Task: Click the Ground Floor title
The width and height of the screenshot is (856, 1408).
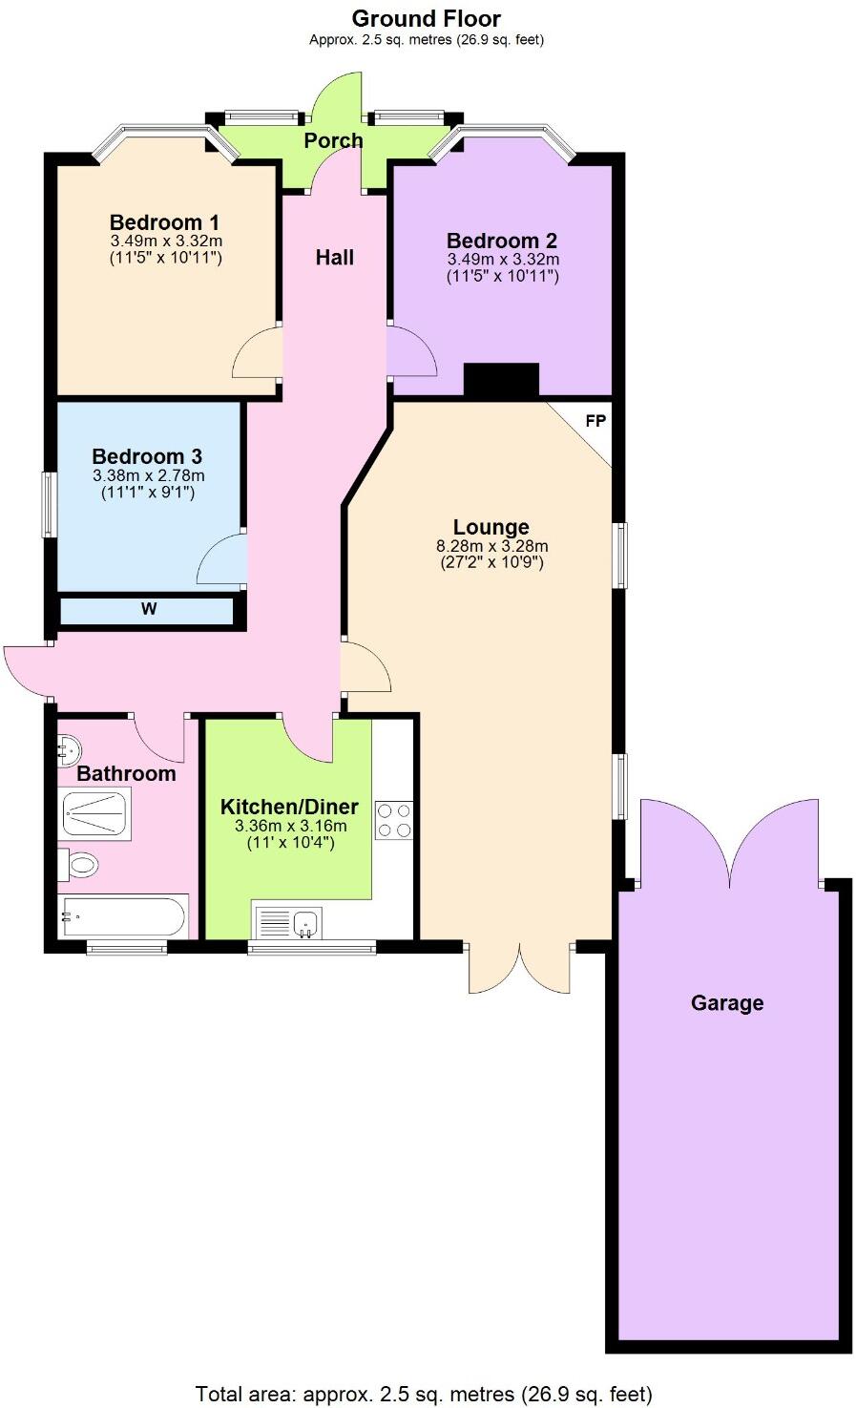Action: (427, 18)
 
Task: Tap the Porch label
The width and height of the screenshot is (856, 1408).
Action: (333, 140)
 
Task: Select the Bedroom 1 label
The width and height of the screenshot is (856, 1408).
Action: (164, 222)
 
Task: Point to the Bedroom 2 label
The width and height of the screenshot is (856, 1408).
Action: (501, 241)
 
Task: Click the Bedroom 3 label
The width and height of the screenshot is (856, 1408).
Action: (147, 456)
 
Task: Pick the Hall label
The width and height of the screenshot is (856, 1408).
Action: (335, 257)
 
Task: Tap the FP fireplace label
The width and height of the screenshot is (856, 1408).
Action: (595, 421)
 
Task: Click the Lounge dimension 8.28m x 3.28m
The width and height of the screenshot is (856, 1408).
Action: (491, 546)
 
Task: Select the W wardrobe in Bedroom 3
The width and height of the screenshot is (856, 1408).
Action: (148, 610)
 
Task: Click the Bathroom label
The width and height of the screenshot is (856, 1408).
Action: (126, 773)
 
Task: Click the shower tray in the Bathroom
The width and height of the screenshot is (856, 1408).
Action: (97, 815)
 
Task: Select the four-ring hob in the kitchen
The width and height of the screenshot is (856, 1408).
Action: (394, 819)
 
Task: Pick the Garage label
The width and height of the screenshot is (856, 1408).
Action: (727, 1003)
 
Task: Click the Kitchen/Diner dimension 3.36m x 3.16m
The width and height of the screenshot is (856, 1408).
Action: (290, 826)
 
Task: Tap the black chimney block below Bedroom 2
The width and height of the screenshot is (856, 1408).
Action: (501, 381)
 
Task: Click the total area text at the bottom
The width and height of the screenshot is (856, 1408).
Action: (424, 1394)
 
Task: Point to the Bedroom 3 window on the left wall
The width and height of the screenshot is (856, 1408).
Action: (48, 503)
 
